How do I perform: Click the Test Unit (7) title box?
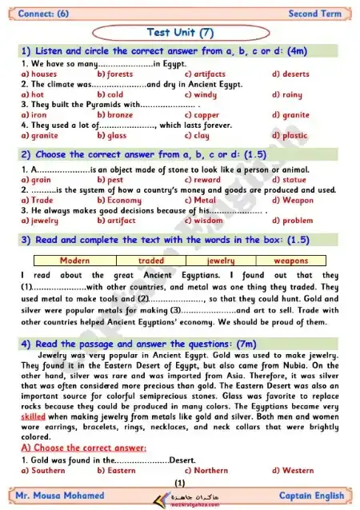(179, 31)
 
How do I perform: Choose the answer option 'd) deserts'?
(290, 74)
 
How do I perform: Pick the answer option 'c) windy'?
(200, 94)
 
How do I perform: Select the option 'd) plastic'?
(290, 136)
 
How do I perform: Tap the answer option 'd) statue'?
(289, 180)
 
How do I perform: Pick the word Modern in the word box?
(74, 261)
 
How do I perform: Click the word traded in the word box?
(150, 261)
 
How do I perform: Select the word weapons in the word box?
(291, 261)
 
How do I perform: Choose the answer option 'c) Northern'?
(206, 471)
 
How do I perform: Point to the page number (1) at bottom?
(179, 483)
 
